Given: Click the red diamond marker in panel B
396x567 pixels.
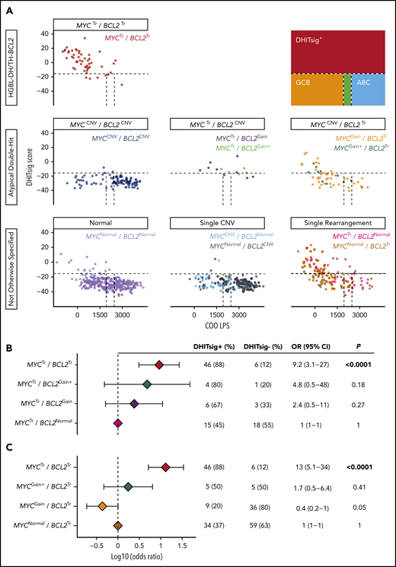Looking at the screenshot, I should click(159, 365).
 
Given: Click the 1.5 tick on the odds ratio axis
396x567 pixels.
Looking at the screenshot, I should click(183, 545).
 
